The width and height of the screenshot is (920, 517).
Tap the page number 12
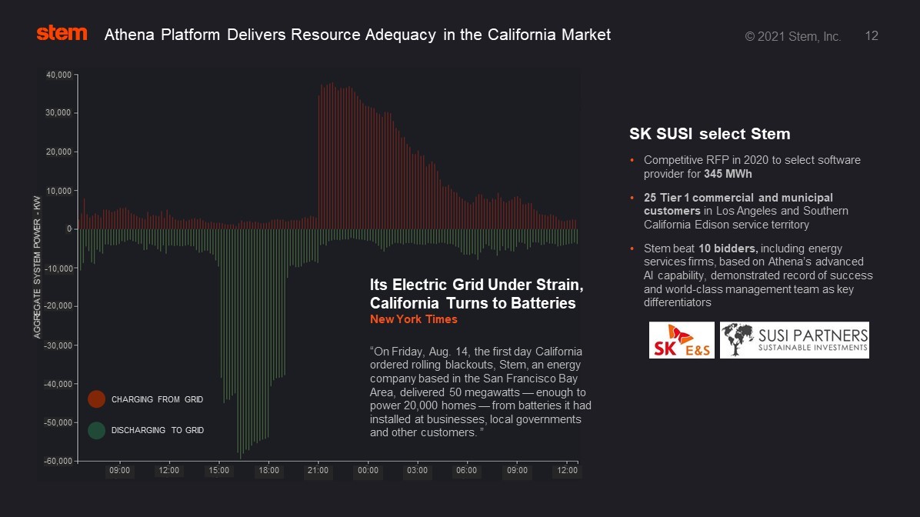click(872, 36)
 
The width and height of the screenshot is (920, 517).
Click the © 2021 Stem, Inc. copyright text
click(792, 36)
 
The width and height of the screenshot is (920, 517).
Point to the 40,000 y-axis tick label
click(59, 75)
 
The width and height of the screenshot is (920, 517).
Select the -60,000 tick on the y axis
click(58, 461)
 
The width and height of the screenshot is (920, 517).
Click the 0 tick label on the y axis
click(68, 229)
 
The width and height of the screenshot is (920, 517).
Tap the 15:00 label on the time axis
click(219, 470)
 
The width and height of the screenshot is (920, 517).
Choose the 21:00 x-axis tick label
click(318, 470)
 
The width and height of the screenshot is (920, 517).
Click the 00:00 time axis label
click(368, 470)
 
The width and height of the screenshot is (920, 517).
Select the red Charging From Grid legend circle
click(96, 399)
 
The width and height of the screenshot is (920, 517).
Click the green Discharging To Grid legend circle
click(96, 430)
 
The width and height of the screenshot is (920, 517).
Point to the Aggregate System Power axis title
click(37, 267)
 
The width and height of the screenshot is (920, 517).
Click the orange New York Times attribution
click(414, 319)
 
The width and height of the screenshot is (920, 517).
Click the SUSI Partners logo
click(794, 340)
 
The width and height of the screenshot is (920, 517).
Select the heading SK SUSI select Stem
click(709, 135)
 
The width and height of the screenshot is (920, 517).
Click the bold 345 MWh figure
click(728, 174)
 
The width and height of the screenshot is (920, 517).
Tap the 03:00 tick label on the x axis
click(418, 470)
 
